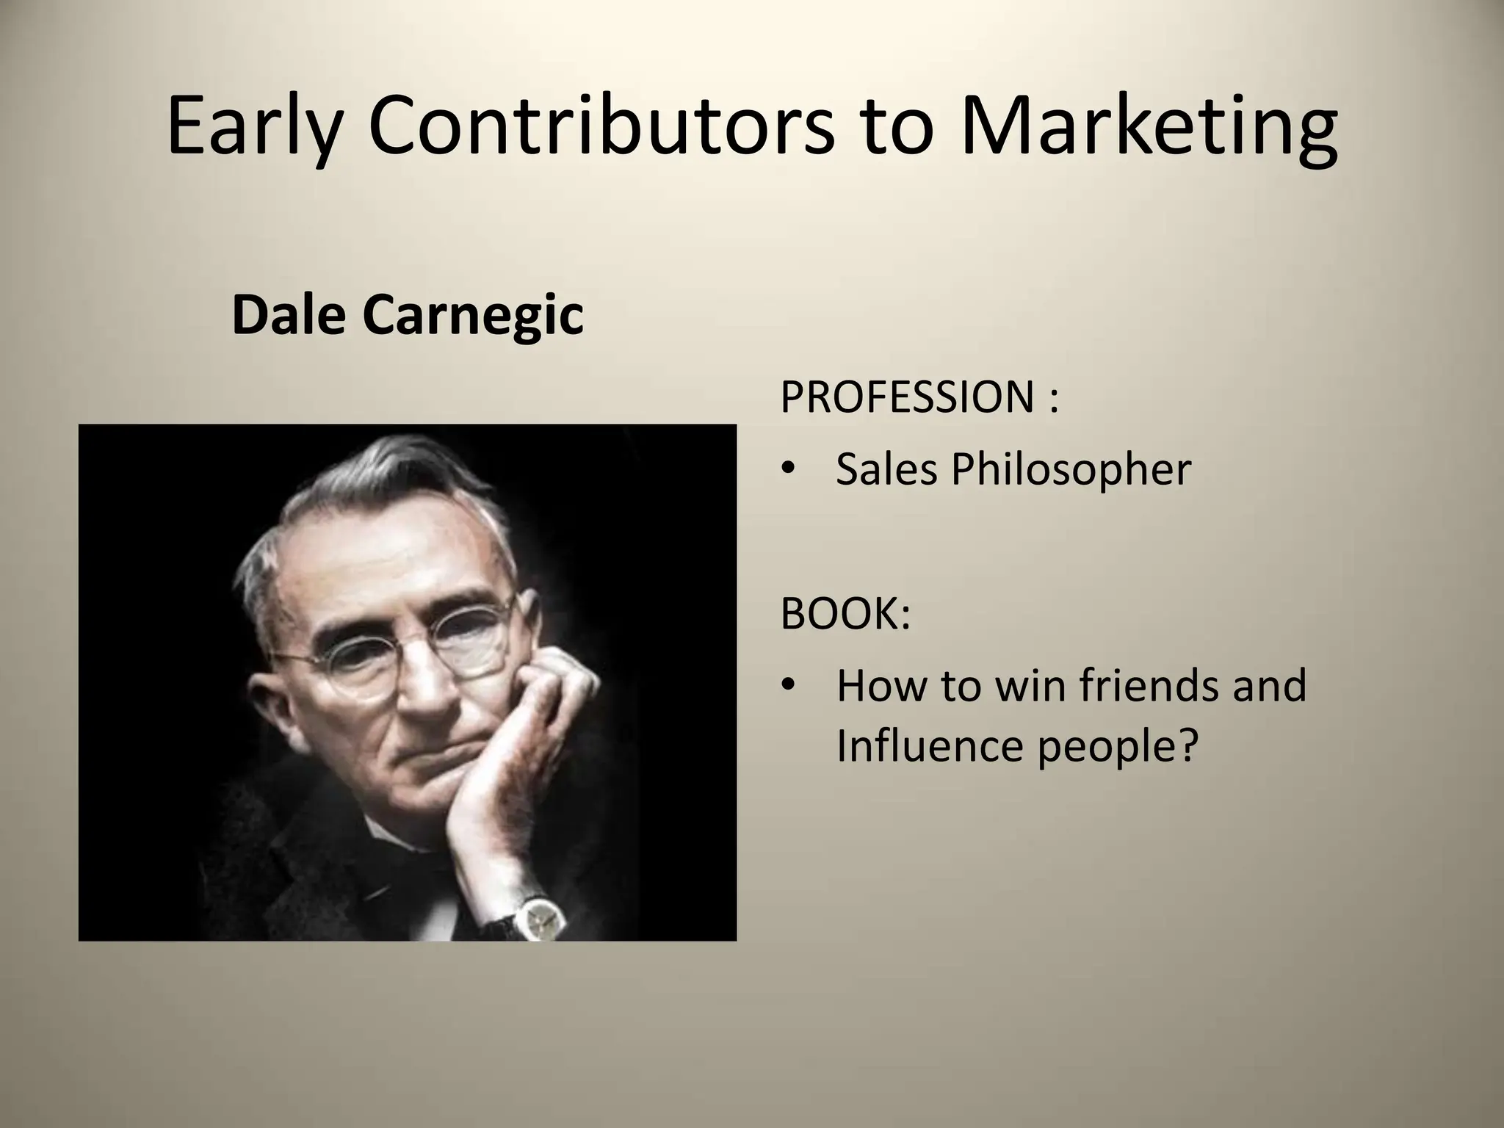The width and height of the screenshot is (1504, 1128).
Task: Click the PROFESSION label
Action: pyautogui.click(x=907, y=397)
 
